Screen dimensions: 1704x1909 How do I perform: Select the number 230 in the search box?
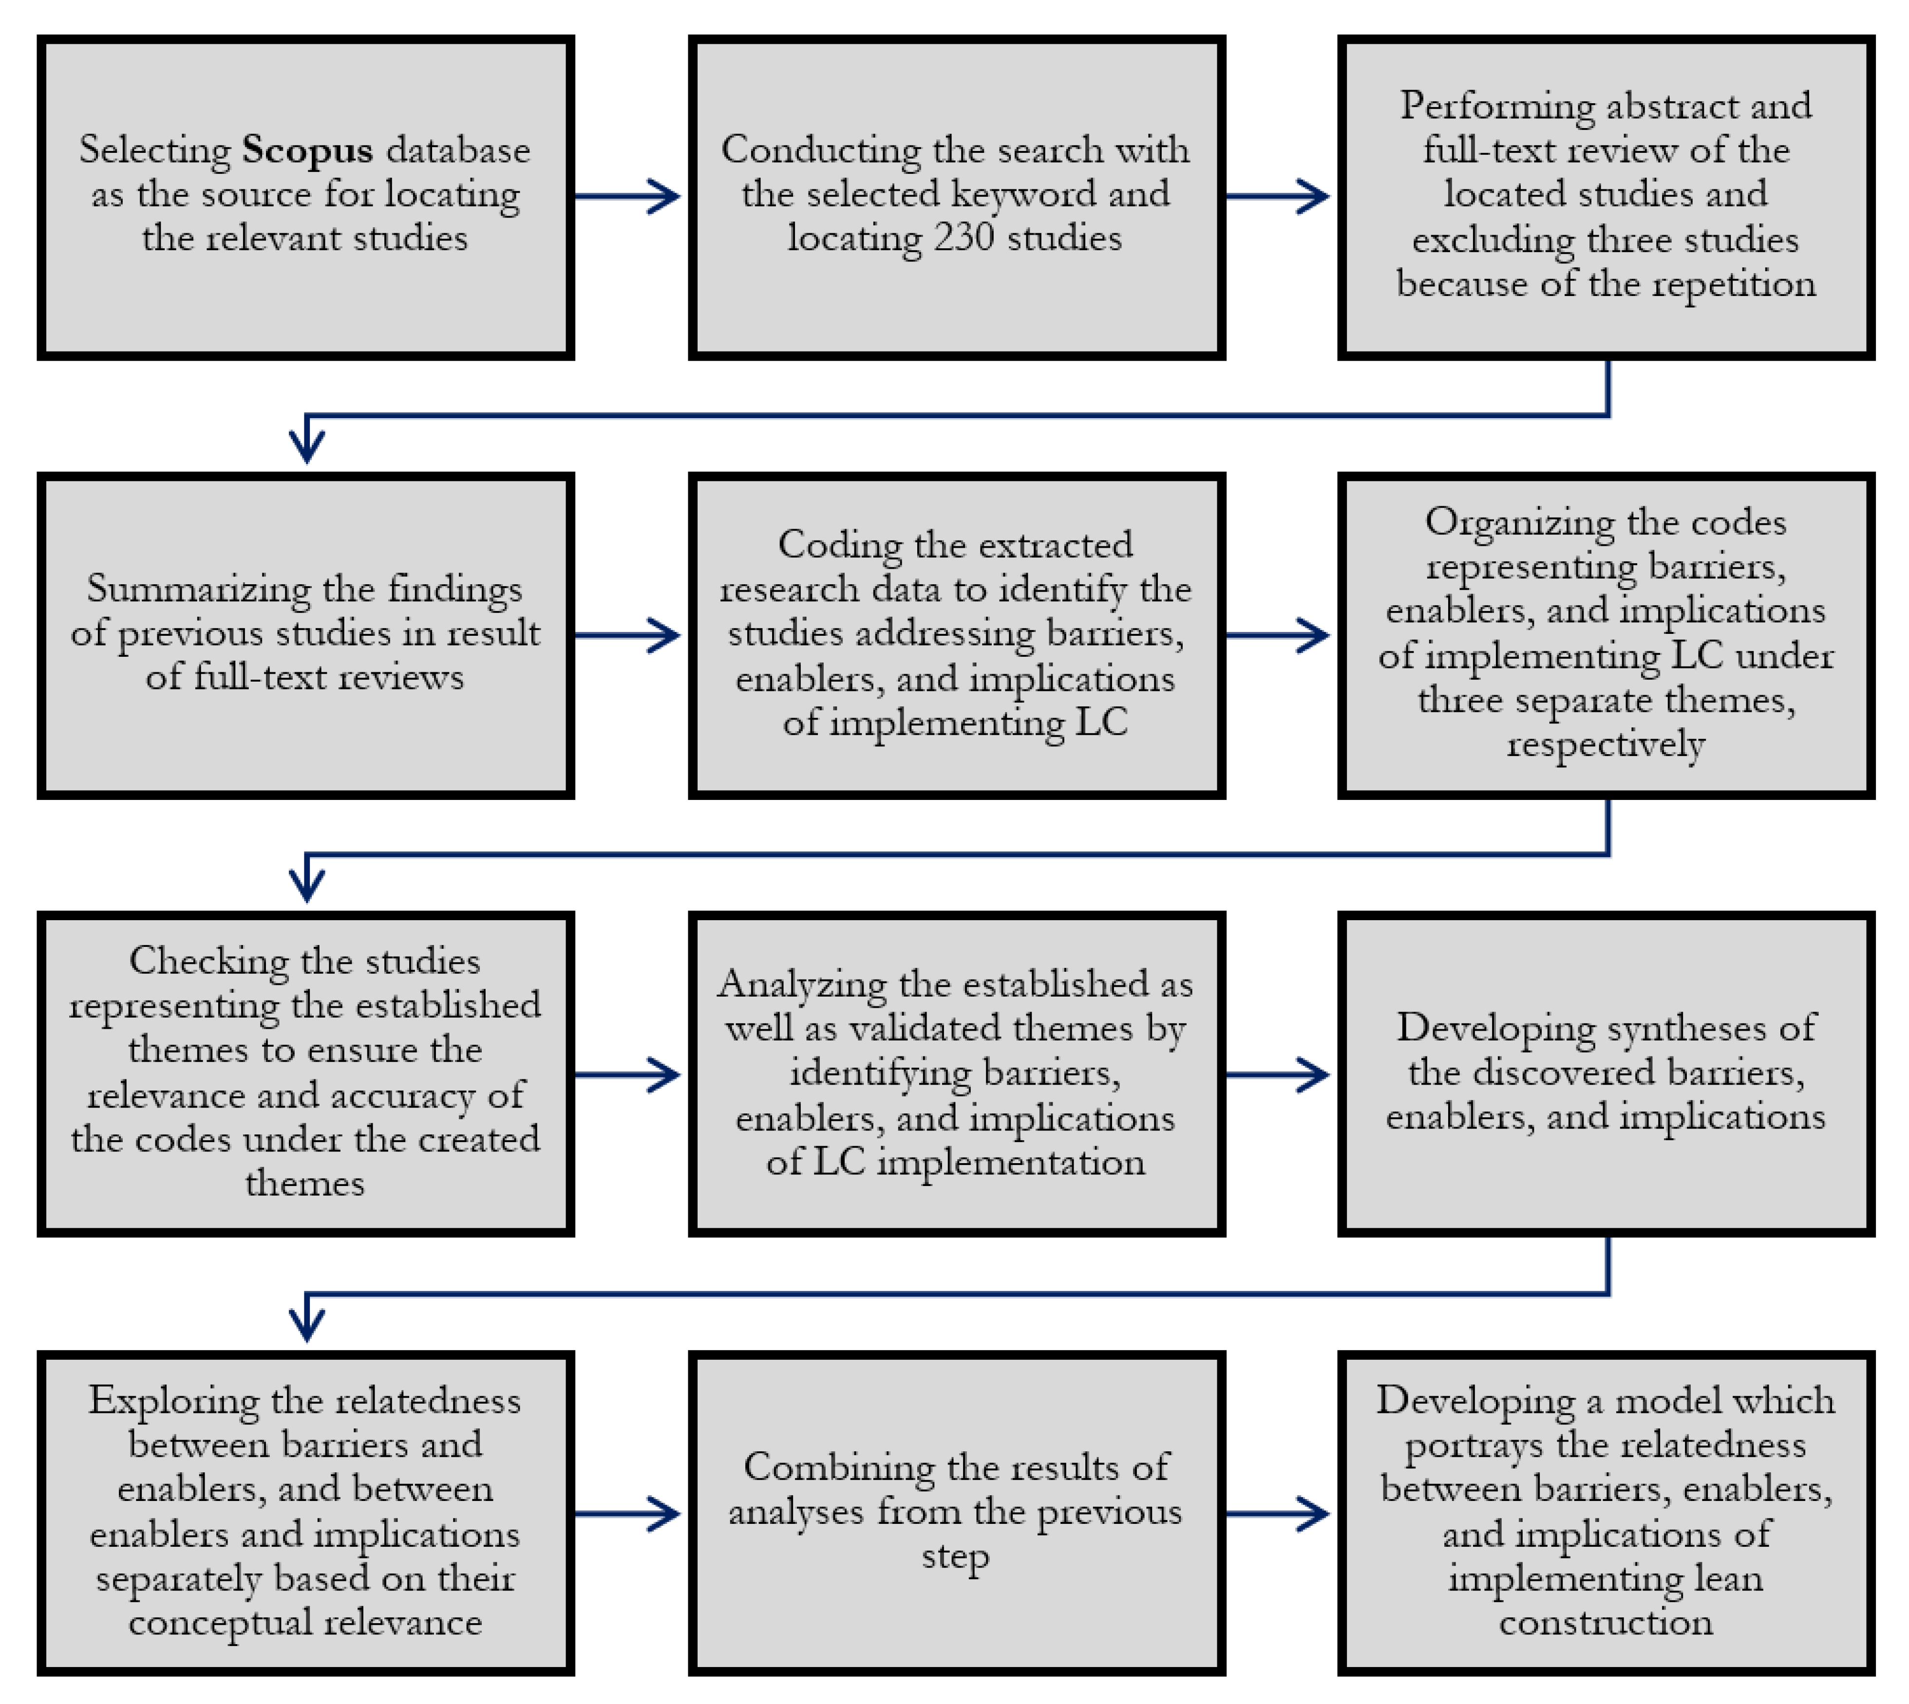964,238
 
